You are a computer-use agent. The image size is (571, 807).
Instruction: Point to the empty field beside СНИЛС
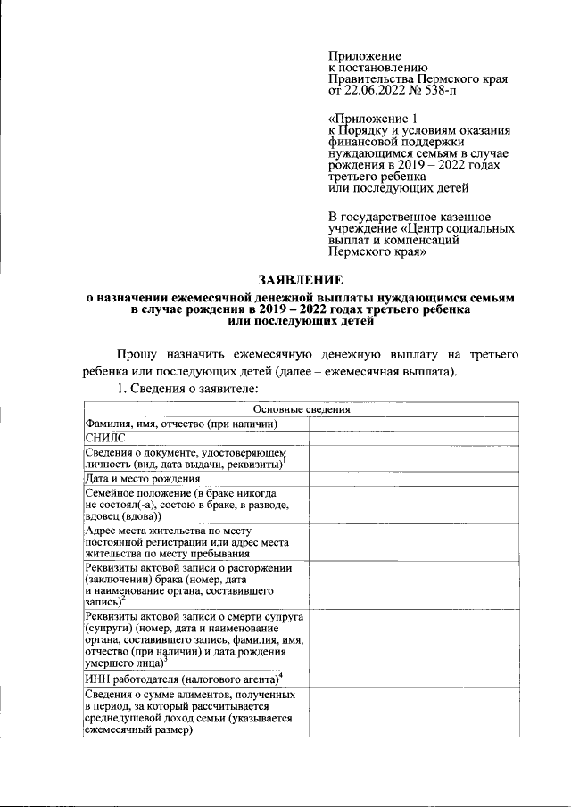[x=416, y=439]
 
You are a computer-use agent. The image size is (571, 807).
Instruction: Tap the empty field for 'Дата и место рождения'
[x=416, y=479]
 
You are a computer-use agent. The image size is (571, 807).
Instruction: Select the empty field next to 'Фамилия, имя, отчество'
[x=416, y=424]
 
